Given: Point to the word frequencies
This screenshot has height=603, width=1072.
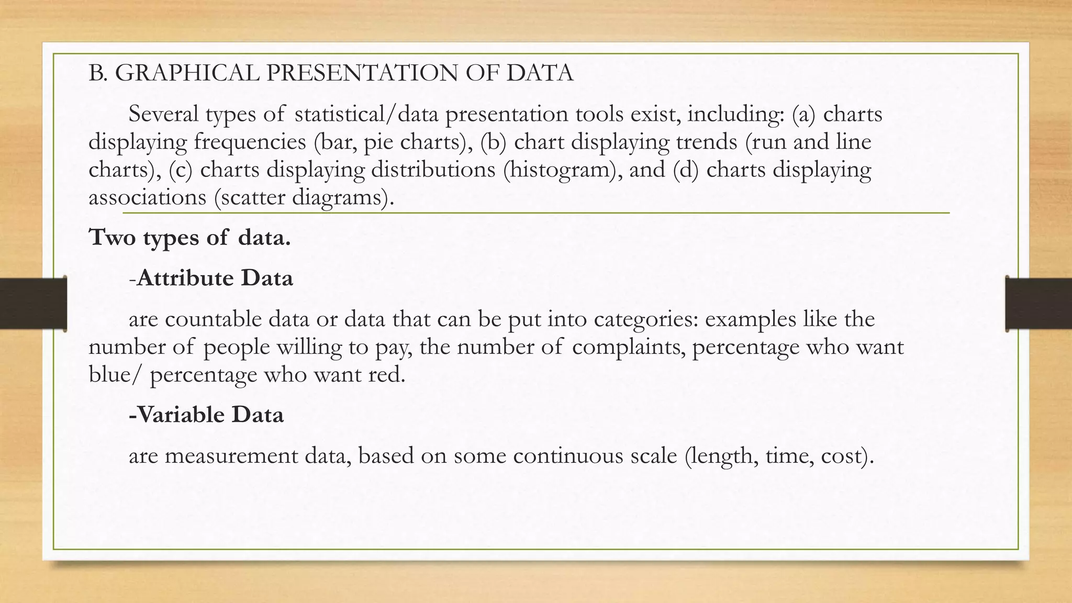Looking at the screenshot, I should tap(250, 142).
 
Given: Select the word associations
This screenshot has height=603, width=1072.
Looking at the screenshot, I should tap(147, 197).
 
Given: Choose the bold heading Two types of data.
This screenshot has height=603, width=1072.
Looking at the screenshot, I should tap(189, 237).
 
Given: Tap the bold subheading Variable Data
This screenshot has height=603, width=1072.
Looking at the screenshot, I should tap(206, 415).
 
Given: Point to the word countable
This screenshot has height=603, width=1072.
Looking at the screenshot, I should tap(213, 319).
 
